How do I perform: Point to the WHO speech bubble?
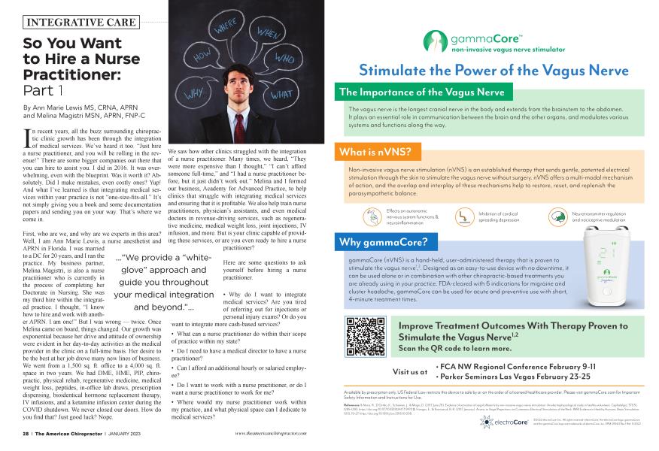pyautogui.click(x=285, y=59)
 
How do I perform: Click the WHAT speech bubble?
pyautogui.click(x=280, y=95)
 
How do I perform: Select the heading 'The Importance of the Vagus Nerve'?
pyautogui.click(x=426, y=92)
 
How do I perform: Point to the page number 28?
pyautogui.click(x=26, y=434)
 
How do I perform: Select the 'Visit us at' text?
pyautogui.click(x=410, y=371)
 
